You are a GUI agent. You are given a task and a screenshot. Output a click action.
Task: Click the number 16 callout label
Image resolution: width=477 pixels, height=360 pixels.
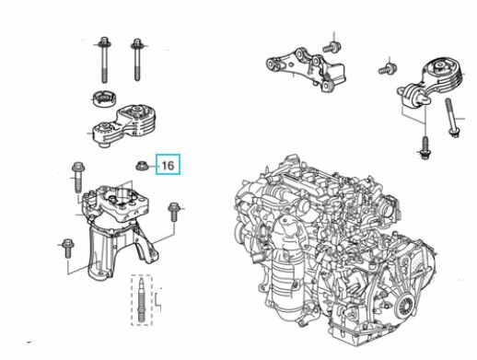pos(169,166)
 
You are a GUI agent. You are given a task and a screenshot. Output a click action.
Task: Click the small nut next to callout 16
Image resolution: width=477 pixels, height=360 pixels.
pos(142,166)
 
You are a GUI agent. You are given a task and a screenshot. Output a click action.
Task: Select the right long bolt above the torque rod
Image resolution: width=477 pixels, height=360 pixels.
pos(137,60)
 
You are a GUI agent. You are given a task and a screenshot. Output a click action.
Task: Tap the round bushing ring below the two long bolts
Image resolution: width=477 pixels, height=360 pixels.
pos(105,99)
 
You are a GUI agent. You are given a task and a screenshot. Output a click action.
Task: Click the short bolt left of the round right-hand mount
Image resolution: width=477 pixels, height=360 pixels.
pos(386,68)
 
